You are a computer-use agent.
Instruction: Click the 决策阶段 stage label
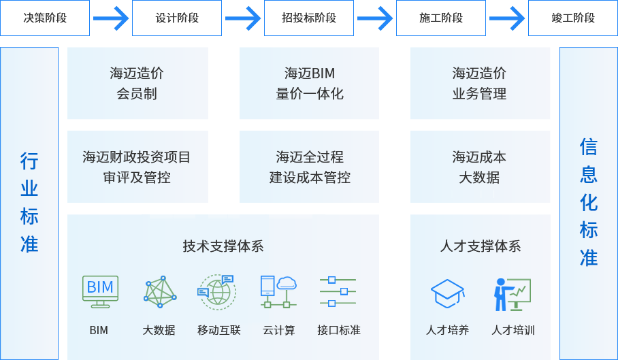45,18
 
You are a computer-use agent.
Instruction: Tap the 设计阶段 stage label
177,18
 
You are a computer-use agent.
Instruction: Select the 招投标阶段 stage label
309,18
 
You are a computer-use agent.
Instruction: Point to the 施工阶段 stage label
441,18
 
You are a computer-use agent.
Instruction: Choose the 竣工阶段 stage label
573,18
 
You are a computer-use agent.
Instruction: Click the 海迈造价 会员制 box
137,83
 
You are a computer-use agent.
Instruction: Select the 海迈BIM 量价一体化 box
309,83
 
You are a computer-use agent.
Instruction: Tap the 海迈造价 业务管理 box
480,83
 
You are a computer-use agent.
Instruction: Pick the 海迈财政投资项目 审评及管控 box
137,167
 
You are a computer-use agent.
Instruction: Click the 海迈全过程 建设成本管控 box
309,167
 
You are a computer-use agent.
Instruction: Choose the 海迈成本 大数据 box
480,167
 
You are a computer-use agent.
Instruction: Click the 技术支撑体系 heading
223,246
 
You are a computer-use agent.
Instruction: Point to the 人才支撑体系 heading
480,246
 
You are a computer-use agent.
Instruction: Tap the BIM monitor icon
100,291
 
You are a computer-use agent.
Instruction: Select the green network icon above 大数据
160,291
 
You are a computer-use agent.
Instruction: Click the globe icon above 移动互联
217,291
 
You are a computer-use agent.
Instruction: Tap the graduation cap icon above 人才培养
447,293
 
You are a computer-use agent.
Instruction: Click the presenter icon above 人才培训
512,293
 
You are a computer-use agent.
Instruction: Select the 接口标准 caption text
338,331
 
